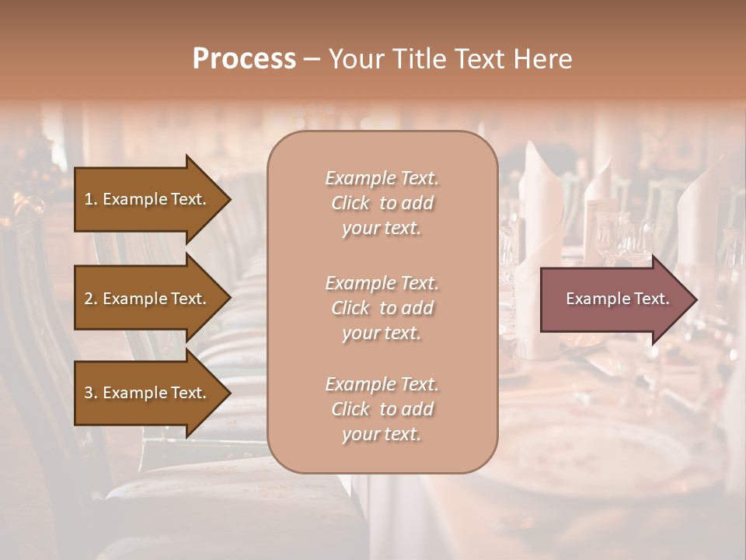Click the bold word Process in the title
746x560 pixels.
click(x=244, y=59)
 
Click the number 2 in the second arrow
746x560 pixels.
click(x=89, y=299)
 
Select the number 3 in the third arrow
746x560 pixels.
click(x=89, y=393)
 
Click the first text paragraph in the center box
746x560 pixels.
click(x=382, y=203)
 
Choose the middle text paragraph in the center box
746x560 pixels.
click(x=382, y=308)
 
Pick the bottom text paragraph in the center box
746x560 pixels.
click(x=382, y=409)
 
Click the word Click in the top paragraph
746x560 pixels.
click(x=350, y=203)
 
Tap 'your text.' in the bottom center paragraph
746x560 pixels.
click(x=382, y=434)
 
